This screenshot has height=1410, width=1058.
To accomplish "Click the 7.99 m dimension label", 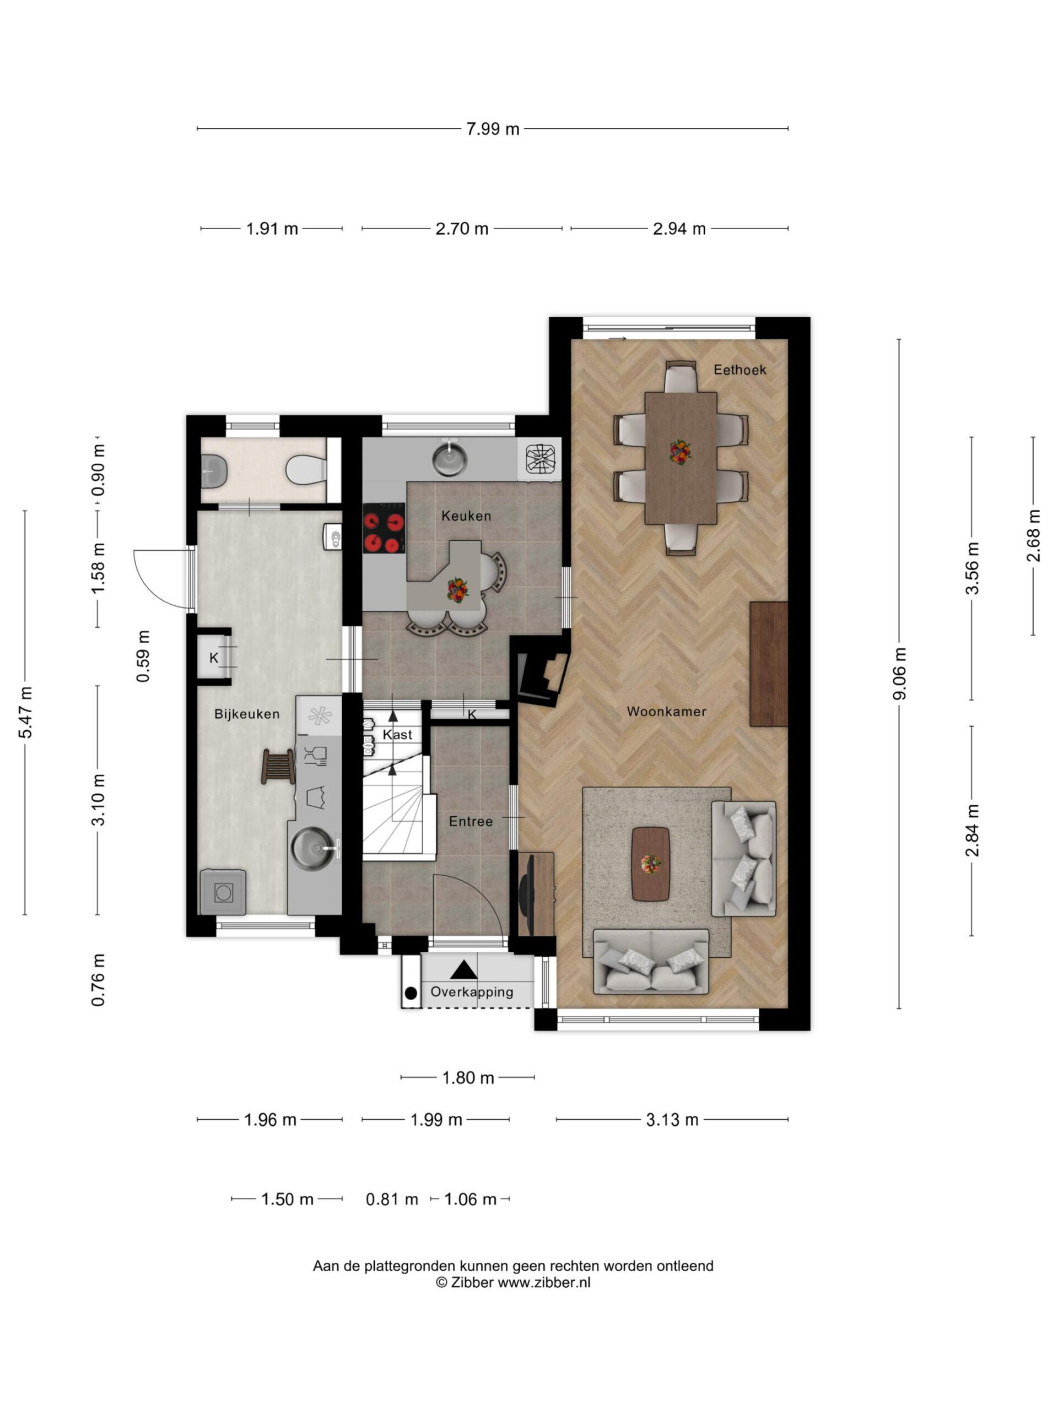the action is tap(492, 129).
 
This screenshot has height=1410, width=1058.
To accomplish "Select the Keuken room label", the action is tap(466, 516).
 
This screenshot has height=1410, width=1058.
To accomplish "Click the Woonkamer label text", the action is tap(666, 712).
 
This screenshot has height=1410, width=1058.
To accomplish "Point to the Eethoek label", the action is tap(739, 370).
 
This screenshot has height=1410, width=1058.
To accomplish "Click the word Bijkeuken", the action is tap(247, 714).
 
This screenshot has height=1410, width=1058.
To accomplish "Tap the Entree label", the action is tap(471, 822).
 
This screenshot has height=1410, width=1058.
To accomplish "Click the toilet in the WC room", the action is tap(306, 470).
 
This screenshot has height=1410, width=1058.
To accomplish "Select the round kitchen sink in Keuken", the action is tap(450, 459).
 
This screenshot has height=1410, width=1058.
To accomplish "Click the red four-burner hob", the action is tap(384, 528).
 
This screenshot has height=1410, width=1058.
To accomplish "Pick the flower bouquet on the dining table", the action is tap(681, 452).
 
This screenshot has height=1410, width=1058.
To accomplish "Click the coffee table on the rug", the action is tap(650, 864).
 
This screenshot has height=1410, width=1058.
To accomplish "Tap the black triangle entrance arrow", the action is tap(463, 970).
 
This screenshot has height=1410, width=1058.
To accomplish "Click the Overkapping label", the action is tap(472, 992).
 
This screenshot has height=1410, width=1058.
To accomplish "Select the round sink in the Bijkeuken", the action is tap(313, 848).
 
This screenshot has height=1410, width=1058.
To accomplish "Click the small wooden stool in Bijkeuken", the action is tap(278, 766).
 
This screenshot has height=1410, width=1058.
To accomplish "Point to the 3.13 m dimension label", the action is tap(672, 1120).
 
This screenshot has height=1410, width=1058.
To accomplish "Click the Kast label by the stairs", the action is tap(397, 735).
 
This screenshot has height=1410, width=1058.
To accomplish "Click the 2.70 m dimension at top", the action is tap(462, 229).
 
